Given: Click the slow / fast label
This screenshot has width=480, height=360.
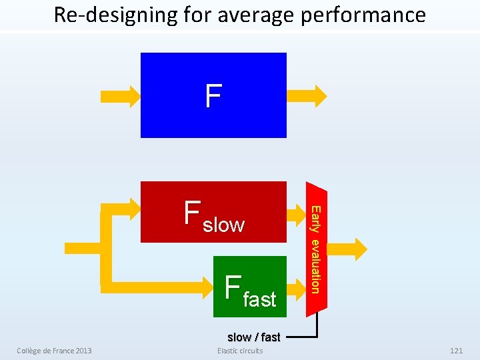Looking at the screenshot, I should [x=253, y=337].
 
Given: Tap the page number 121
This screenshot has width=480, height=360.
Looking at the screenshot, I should [x=456, y=351].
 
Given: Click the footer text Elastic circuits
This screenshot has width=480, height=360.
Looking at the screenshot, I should [x=240, y=351].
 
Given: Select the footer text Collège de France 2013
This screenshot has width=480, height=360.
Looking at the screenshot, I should [x=54, y=351].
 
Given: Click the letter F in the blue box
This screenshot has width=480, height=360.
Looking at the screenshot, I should [x=213, y=96].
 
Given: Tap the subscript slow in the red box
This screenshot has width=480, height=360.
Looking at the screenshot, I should [x=223, y=225].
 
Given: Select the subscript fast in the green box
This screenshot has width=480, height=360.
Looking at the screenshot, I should [x=259, y=299].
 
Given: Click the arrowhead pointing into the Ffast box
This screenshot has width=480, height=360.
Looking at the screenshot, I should [x=203, y=285].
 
